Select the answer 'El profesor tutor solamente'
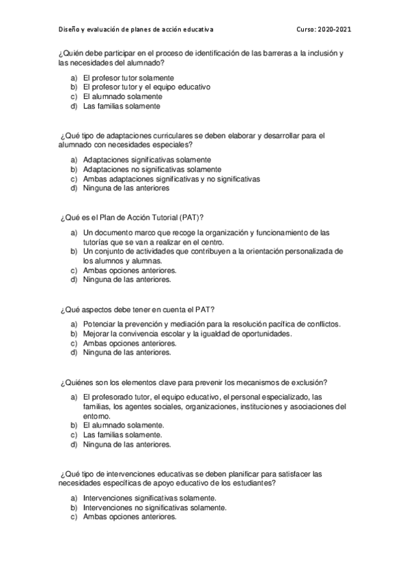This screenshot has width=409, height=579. point(128,78)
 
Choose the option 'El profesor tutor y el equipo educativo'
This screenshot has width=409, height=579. point(146,87)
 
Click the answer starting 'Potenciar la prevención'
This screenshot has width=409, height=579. point(212,324)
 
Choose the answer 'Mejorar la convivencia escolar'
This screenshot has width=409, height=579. point(187,334)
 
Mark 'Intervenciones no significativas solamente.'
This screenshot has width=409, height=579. point(154,508)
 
